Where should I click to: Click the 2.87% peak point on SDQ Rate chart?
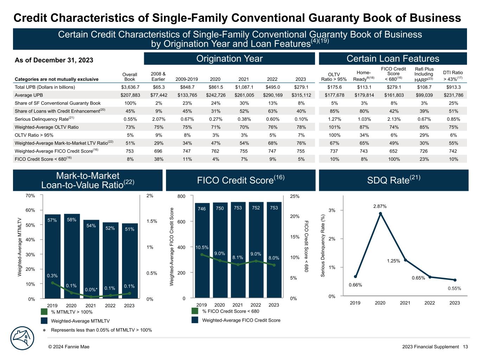(x=380, y=213)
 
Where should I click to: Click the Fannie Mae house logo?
(x=23, y=339)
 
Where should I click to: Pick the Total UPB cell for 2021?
(x=244, y=87)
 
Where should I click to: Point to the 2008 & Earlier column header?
(x=158, y=76)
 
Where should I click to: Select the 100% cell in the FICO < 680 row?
(x=394, y=159)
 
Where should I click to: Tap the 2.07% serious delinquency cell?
(x=158, y=119)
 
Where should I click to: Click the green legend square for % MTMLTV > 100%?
(x=44, y=312)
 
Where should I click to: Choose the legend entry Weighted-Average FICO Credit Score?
(x=241, y=320)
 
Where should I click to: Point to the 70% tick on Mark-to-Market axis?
(x=31, y=196)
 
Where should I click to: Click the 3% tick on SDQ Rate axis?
(x=332, y=210)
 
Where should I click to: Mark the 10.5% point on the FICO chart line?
(x=202, y=255)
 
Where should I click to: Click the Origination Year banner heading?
(x=229, y=59)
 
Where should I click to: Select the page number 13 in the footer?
(x=465, y=347)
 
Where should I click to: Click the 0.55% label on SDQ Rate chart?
(x=454, y=288)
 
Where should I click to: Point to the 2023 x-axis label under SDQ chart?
(x=455, y=303)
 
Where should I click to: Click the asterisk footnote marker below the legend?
(x=44, y=330)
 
